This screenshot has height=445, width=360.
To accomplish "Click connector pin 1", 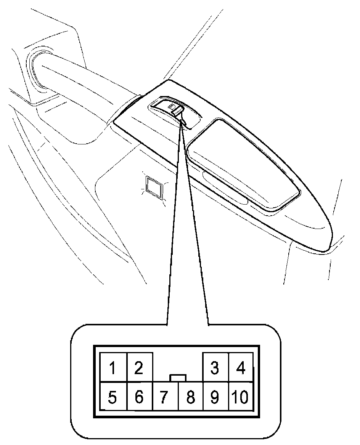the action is point(112,368).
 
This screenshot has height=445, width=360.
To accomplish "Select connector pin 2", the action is point(139,368).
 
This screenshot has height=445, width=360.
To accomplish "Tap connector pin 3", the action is point(215,368).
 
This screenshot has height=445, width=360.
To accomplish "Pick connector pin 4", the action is point(241,368).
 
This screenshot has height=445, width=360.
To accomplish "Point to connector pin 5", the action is point(112,397).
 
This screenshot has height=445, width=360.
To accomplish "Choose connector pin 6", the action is point(139,397).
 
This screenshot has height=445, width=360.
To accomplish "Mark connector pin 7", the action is point(164,397).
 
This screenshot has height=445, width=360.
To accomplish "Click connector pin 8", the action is point(190,397).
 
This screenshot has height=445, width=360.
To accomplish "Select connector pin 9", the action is point(215,397).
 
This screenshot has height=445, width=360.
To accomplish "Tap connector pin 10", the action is point(241,397).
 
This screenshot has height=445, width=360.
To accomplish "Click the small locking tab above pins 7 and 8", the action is point(178,378).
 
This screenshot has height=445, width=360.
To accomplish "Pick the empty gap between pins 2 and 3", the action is point(178,364).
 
